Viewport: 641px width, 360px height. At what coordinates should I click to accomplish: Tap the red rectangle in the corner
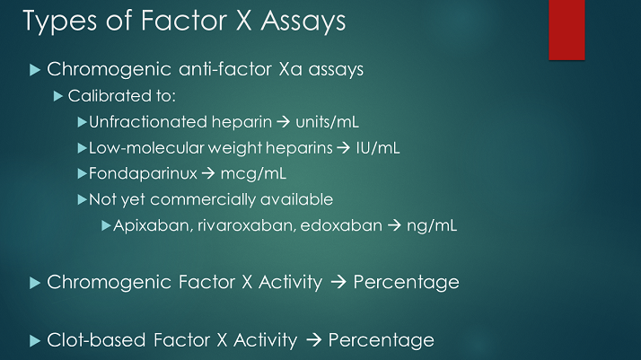(x=566, y=30)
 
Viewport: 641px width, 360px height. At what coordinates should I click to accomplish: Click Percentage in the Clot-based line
(x=381, y=340)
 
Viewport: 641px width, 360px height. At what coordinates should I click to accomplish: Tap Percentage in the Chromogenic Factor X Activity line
(x=406, y=283)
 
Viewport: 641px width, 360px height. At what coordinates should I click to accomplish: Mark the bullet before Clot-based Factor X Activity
(x=34, y=340)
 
